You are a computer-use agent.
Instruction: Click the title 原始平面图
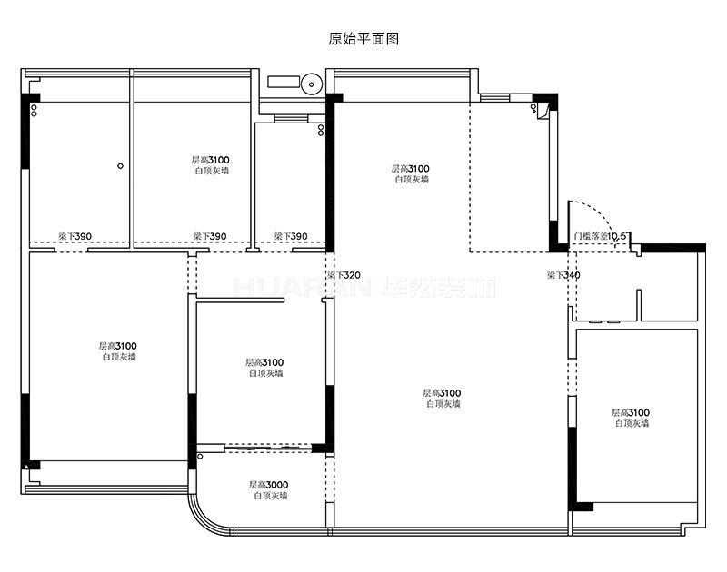pyautogui.click(x=363, y=38)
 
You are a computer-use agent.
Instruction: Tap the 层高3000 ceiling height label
pyautogui.click(x=268, y=485)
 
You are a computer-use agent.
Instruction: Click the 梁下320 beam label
pyautogui.click(x=344, y=275)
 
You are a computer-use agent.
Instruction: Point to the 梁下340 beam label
pyautogui.click(x=563, y=275)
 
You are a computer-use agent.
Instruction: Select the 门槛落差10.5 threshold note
pyautogui.click(x=601, y=236)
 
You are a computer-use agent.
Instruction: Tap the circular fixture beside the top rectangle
pyautogui.click(x=312, y=84)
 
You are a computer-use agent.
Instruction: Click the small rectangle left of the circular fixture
pyautogui.click(x=284, y=81)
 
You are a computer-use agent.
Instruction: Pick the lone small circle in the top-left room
pyautogui.click(x=121, y=166)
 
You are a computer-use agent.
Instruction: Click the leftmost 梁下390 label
pyautogui.click(x=75, y=236)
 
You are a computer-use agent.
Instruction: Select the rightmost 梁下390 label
pyautogui.click(x=291, y=236)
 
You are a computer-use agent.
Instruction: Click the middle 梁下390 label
pyautogui.click(x=210, y=236)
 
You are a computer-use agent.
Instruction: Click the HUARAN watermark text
pyautogui.click(x=303, y=287)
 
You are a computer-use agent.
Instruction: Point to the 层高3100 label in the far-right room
pyautogui.click(x=631, y=412)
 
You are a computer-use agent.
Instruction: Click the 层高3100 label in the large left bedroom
pyautogui.click(x=118, y=346)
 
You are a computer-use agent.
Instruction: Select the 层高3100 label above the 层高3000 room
pyautogui.click(x=264, y=362)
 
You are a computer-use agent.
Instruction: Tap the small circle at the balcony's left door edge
pyautogui.click(x=200, y=457)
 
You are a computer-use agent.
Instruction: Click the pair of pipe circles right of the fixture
pyautogui.click(x=321, y=130)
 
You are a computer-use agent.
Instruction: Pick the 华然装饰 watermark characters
pyautogui.click(x=438, y=287)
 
